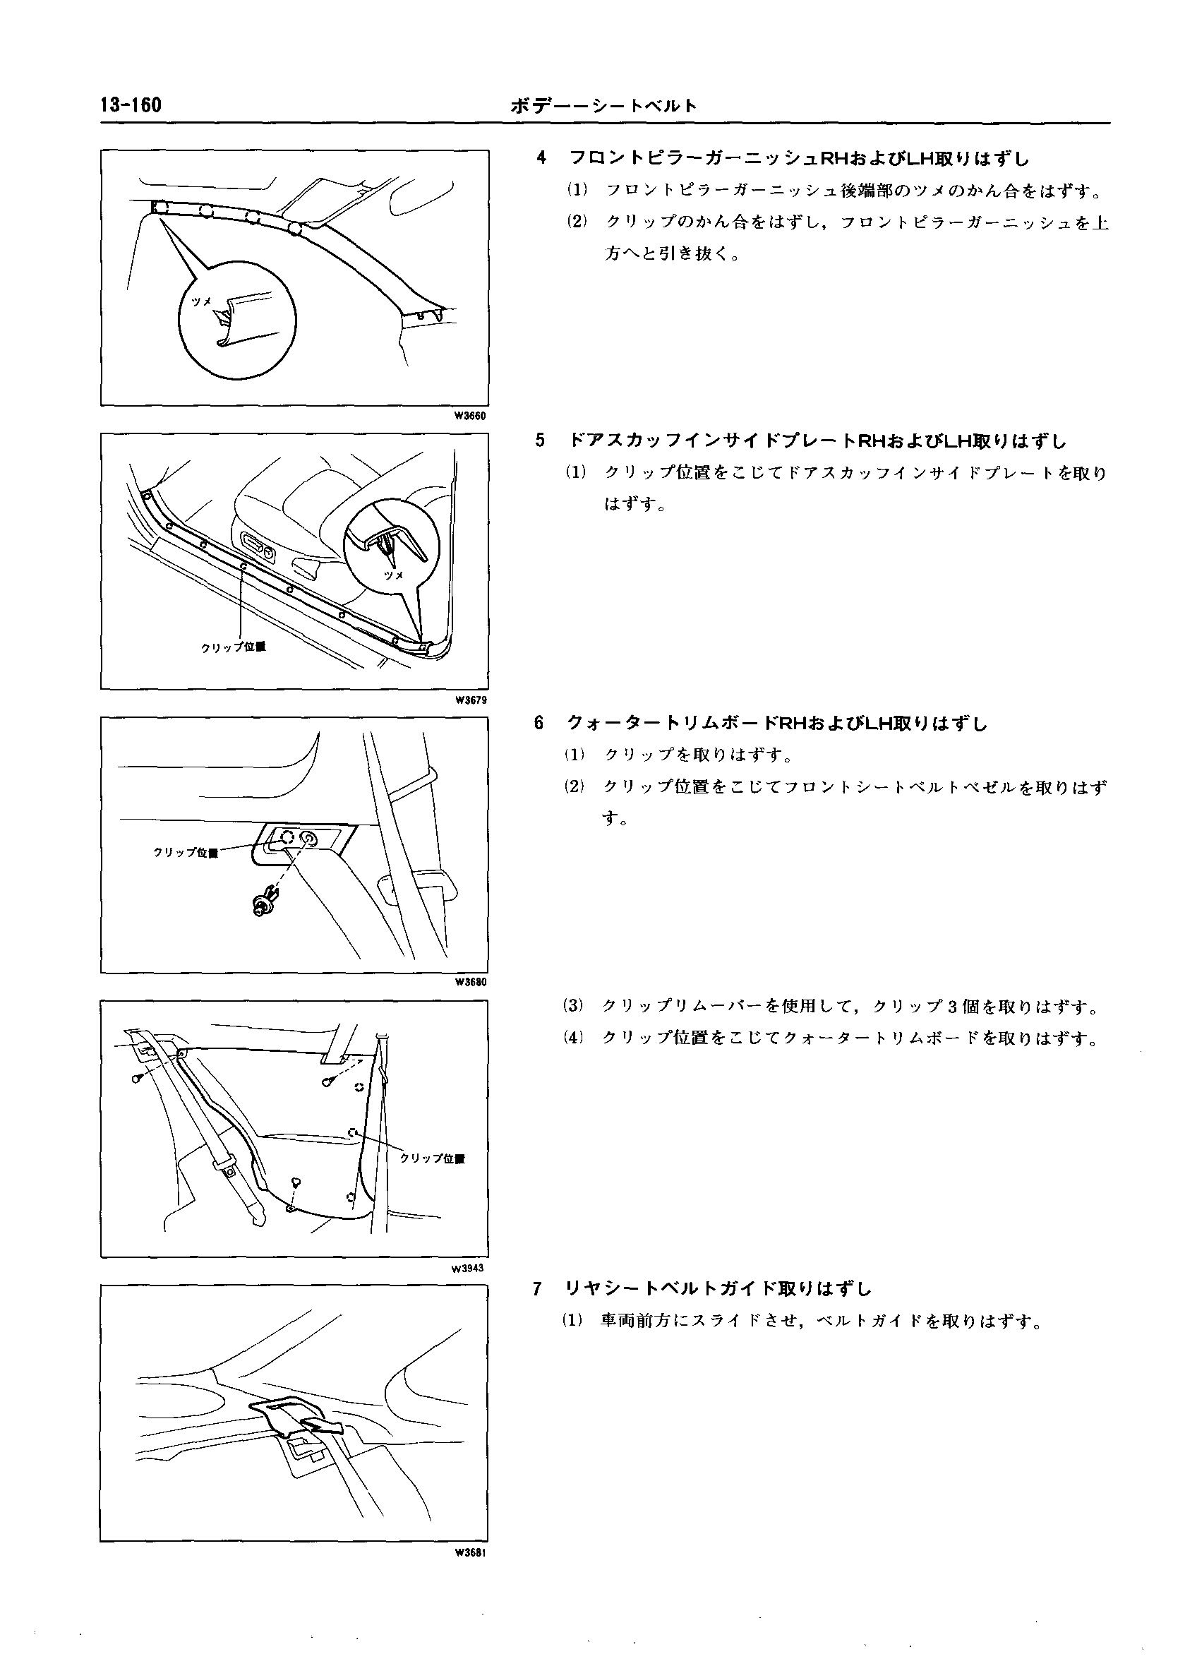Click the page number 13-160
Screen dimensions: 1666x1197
(x=131, y=106)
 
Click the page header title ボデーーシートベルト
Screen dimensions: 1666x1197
(x=603, y=107)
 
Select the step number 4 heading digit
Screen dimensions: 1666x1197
(x=541, y=158)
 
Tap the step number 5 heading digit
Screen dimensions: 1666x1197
(x=541, y=441)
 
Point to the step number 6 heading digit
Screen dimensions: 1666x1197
(x=539, y=724)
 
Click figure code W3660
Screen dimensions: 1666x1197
(x=470, y=416)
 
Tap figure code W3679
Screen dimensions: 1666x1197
(x=470, y=700)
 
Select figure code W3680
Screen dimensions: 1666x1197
(x=470, y=982)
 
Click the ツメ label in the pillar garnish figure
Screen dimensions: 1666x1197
(x=201, y=302)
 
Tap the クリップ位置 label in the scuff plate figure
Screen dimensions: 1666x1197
(x=234, y=647)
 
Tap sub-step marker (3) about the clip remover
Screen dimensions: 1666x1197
(x=575, y=1007)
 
